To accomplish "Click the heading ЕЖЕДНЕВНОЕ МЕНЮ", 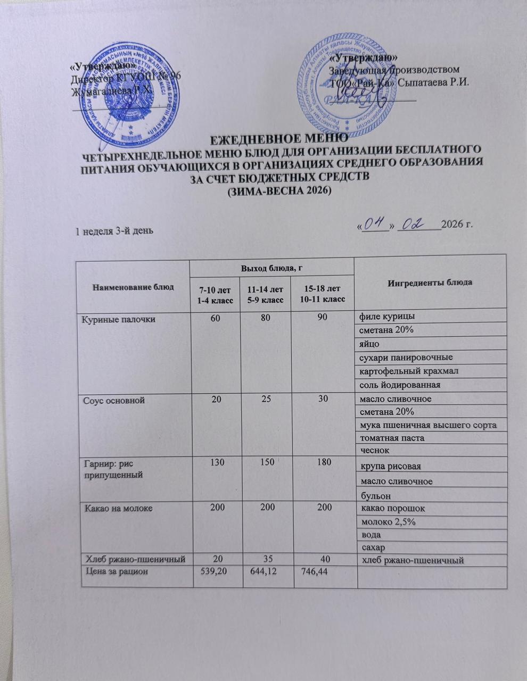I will [x=278, y=140].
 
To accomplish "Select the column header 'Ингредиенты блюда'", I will [x=431, y=282].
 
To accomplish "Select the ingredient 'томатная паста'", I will [x=393, y=438].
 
